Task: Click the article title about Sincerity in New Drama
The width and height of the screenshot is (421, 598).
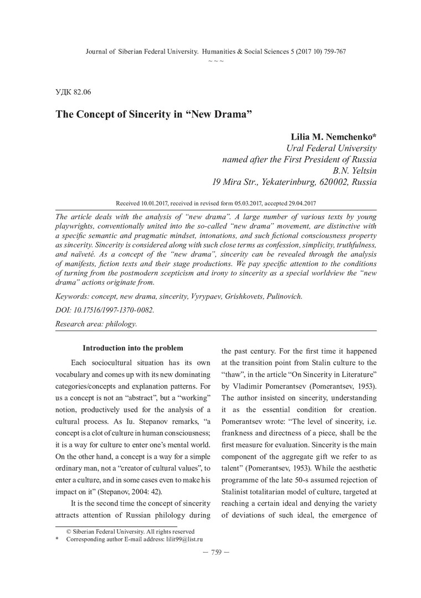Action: point(153,114)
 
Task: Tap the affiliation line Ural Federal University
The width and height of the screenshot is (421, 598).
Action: point(331,148)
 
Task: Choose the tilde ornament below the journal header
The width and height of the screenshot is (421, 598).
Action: point(215,60)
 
